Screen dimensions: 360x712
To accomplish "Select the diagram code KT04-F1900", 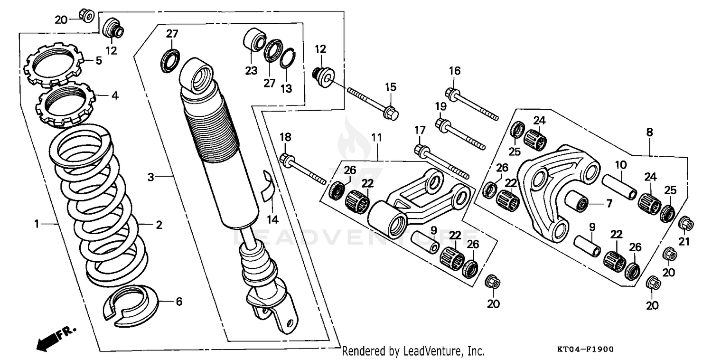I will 585,349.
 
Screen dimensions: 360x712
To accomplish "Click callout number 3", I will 150,177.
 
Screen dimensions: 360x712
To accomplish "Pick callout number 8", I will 649,133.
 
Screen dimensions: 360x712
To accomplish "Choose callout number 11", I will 376,138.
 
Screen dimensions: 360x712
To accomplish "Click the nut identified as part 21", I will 685,223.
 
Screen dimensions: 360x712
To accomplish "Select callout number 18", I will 285,138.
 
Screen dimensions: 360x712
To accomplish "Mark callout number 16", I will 455,71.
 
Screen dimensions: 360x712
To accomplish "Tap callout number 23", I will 251,71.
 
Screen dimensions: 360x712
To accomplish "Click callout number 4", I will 114,95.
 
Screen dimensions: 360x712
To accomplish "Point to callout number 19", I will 440,106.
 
